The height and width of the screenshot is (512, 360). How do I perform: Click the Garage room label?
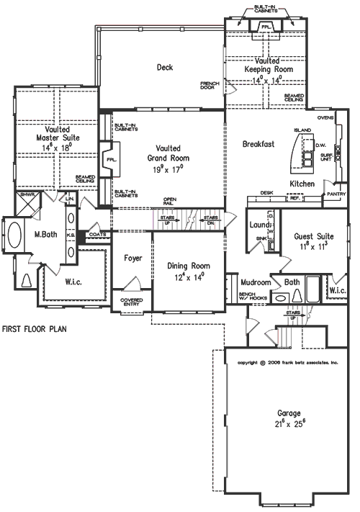289,414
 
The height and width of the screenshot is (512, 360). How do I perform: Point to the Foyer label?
132,258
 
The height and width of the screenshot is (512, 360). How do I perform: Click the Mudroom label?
256,282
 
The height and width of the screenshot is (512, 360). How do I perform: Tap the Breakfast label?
258,144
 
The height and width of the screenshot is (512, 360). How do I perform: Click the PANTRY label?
335,194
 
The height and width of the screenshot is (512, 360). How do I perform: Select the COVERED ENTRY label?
130,301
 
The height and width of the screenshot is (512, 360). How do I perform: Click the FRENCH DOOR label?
210,86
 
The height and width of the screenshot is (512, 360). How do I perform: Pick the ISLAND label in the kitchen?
301,130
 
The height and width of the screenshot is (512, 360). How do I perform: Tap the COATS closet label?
97,233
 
